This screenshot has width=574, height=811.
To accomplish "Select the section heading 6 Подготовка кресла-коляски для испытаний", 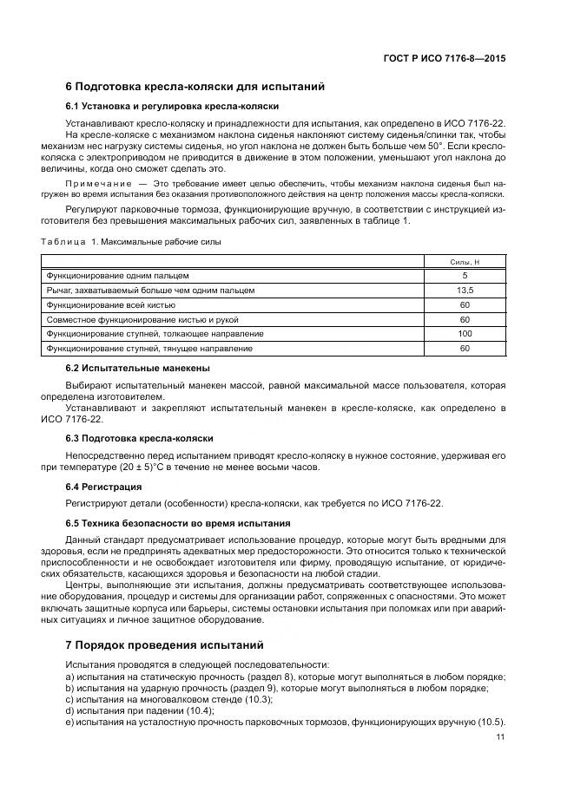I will (x=195, y=87).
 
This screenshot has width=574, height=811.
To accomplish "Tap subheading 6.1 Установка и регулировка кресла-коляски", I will (x=172, y=106).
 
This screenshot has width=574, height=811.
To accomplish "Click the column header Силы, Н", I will (x=464, y=260).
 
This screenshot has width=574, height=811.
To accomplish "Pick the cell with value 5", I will (x=464, y=275).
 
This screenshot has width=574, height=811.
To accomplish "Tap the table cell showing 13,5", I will (x=464, y=290).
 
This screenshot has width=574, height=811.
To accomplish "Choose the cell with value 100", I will (x=464, y=334).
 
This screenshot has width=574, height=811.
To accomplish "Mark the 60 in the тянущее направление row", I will (x=464, y=349).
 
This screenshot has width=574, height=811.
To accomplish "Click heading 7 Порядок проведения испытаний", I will (x=163, y=645).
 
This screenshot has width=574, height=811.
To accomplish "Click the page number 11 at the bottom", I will (x=500, y=737).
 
